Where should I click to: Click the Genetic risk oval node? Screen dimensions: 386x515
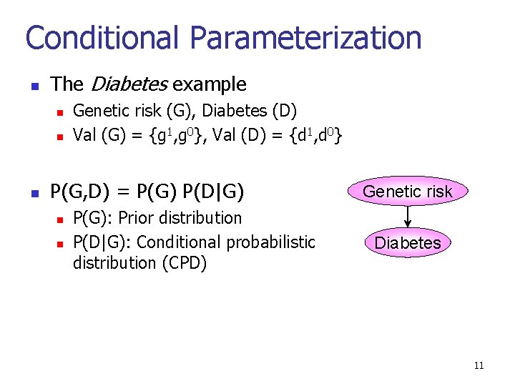click(408, 191)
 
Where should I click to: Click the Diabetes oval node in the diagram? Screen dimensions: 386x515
click(408, 242)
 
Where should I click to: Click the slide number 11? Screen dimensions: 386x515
click(479, 366)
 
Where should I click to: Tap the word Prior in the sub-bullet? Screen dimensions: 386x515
click(135, 217)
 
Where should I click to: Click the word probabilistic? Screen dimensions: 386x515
click(270, 242)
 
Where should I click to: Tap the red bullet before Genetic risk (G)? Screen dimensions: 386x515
click(60, 112)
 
